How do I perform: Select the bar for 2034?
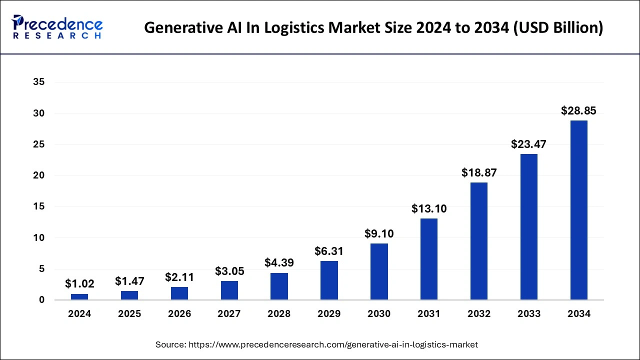click(578, 210)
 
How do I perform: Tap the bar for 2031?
click(429, 259)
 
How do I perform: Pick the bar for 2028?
click(279, 286)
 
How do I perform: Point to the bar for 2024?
click(79, 296)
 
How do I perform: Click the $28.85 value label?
click(578, 111)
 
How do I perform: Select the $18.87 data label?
click(478, 172)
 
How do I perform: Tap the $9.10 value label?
click(379, 233)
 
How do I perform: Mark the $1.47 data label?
click(129, 281)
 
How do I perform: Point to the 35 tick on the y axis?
click(39, 82)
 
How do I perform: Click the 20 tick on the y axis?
click(39, 175)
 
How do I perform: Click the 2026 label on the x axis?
click(179, 314)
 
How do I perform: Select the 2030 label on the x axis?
click(379, 314)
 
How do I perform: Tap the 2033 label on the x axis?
click(528, 314)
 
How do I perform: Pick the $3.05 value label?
click(229, 271)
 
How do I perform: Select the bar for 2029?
click(329, 280)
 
